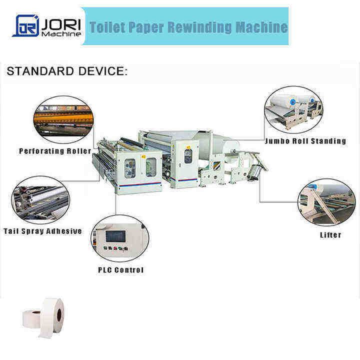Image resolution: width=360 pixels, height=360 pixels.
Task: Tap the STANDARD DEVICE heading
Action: pos(67,71)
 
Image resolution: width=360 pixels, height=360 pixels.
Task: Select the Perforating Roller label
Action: pos(55,151)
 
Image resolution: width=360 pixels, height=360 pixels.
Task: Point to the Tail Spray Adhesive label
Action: pos(42,231)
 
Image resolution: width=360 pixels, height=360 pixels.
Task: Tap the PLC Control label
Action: pos(120,270)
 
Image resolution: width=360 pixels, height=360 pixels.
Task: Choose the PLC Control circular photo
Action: pos(119,238)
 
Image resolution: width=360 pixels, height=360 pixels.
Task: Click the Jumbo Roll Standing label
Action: pos(306,141)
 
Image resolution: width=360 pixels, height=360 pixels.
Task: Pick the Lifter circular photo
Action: pos(326,202)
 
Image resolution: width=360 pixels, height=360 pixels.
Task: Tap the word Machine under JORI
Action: pos(61,34)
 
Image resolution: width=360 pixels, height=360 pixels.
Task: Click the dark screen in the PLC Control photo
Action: pos(115,233)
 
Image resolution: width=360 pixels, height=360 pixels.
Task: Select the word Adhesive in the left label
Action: pos(64,231)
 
